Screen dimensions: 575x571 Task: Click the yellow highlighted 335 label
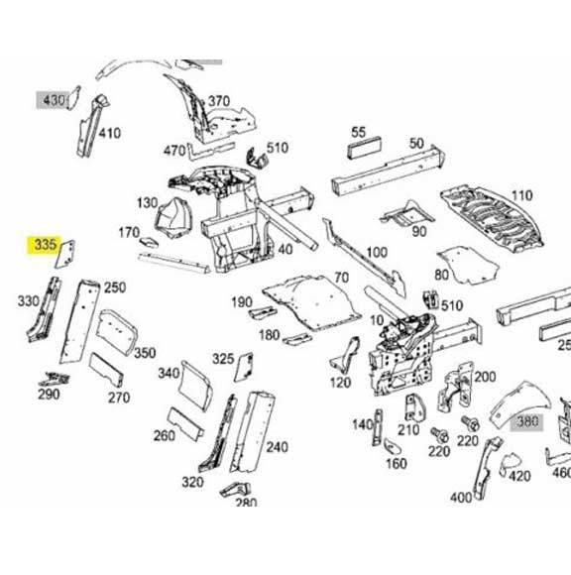click(x=44, y=245)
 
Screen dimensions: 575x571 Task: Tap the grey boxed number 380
click(x=525, y=420)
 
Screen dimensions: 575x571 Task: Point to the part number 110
click(x=520, y=195)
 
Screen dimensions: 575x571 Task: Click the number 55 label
click(x=359, y=132)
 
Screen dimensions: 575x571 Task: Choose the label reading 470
click(x=174, y=151)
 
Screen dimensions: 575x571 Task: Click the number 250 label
click(x=115, y=287)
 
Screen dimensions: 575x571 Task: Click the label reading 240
click(x=277, y=447)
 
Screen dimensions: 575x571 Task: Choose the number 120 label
click(x=340, y=383)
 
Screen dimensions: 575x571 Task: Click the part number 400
click(x=461, y=497)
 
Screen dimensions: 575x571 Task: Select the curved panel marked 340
click(x=194, y=385)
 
